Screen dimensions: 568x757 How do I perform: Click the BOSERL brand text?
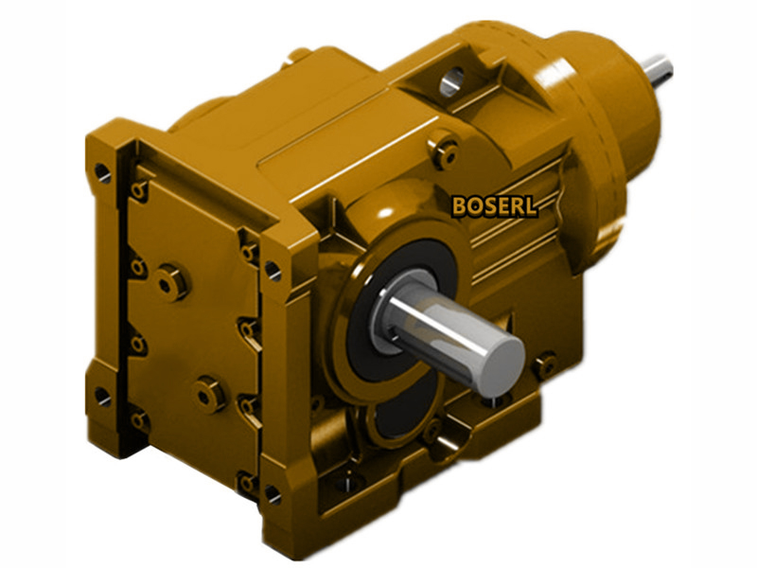coord(495,205)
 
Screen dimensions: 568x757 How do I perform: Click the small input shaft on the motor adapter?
coord(656,70)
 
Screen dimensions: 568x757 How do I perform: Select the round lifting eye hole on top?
coord(452,81)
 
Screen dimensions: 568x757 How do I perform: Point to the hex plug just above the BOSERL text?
coord(443,151)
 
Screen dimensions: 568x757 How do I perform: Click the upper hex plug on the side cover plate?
coord(171,281)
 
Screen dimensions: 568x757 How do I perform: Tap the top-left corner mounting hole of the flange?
coord(103,173)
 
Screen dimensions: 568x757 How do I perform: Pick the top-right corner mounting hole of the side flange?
coord(273,271)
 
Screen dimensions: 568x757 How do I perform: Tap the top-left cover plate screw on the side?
coord(139,192)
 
